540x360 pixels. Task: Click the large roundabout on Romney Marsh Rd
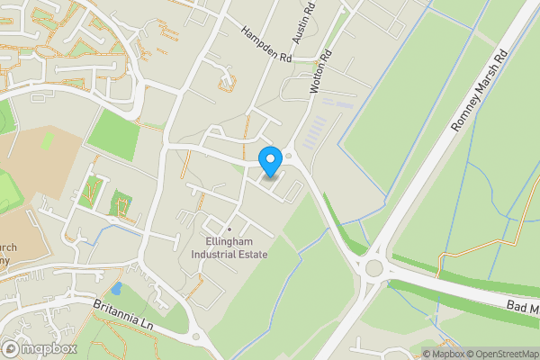[375, 267]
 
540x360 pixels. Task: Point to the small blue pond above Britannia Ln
[116, 289]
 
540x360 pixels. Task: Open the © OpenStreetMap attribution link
[502, 353]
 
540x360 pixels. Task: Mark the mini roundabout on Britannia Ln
[195, 337]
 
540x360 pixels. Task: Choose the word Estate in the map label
[252, 255]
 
